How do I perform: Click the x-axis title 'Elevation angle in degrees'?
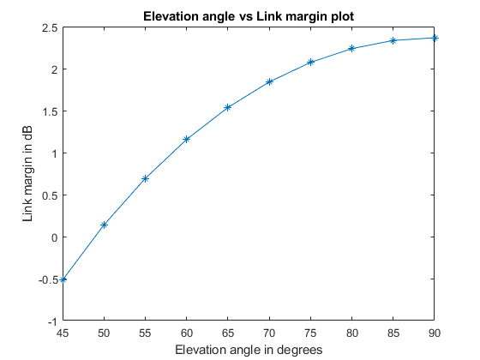(249, 350)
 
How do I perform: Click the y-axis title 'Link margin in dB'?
(28, 174)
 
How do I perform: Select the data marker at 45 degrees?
(63, 279)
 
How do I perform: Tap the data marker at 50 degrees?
(104, 225)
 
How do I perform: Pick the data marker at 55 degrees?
(145, 178)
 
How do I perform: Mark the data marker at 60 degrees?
(186, 139)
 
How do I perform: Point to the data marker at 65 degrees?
(228, 107)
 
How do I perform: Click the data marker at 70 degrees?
(269, 81)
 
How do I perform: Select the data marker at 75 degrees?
(310, 63)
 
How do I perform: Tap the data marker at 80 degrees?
(351, 49)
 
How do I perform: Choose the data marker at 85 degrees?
(393, 40)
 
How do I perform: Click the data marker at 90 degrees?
(435, 38)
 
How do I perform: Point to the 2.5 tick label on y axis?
(49, 27)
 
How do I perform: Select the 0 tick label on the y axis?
(53, 237)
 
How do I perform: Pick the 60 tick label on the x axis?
(186, 333)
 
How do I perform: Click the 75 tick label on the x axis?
(310, 333)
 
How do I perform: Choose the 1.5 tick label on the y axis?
(49, 111)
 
